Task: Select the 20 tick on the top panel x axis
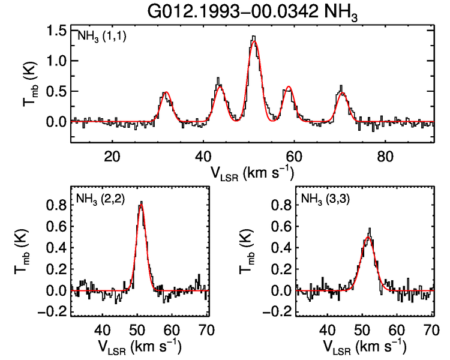click(112, 155)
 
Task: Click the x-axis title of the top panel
click(252, 172)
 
